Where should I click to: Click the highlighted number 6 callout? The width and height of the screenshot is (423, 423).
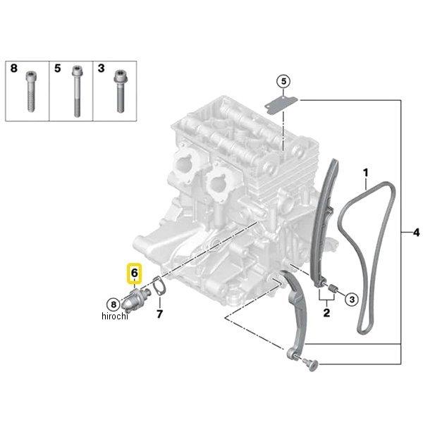tap(135, 273)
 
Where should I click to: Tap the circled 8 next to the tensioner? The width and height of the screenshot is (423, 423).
tap(114, 305)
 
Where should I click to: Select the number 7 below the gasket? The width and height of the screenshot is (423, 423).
tap(160, 314)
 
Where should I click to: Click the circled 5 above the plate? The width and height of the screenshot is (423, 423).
tap(283, 81)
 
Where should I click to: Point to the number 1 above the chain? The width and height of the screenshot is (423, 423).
tap(365, 173)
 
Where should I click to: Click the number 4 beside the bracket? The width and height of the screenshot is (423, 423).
tap(416, 232)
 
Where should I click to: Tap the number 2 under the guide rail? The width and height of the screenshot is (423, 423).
tap(326, 312)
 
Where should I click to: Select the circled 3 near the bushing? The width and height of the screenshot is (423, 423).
tap(352, 299)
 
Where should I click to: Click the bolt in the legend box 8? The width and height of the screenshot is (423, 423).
tap(31, 92)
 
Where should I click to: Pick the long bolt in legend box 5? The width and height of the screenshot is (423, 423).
tap(77, 91)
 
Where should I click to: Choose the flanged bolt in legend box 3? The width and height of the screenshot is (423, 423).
tap(120, 91)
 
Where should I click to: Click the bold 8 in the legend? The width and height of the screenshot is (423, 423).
tap(14, 68)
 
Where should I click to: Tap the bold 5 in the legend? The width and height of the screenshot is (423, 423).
tap(58, 68)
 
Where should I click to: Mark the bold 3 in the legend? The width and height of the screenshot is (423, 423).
tap(101, 68)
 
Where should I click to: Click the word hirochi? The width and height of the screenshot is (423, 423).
tap(115, 316)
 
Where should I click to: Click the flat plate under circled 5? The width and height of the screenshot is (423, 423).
tap(281, 104)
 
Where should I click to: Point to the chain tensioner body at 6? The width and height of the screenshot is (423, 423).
tap(134, 300)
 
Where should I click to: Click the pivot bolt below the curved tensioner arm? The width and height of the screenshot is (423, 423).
tap(311, 364)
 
